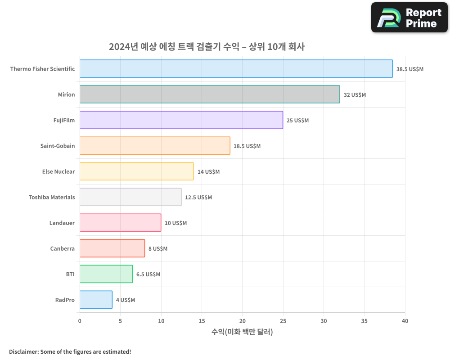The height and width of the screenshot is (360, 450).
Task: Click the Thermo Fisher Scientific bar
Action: [x=236, y=69]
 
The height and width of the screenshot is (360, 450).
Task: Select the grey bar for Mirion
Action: [x=210, y=94]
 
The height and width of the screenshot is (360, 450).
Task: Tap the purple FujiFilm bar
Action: [x=181, y=120]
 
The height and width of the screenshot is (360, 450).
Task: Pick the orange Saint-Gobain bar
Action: [x=155, y=146]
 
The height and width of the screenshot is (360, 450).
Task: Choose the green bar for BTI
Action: [x=106, y=274]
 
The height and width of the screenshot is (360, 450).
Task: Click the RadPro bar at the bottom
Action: [x=96, y=300]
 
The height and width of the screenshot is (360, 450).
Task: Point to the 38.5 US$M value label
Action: [x=409, y=69]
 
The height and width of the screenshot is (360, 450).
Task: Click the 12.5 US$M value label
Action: [x=198, y=198]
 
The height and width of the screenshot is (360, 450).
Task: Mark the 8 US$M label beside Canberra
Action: [x=158, y=249]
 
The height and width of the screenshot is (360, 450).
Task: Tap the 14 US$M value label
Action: [x=208, y=172]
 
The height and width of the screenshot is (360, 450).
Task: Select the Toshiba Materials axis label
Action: [x=52, y=197]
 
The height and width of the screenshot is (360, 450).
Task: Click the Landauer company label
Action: [x=62, y=223]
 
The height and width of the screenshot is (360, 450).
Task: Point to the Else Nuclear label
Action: [x=58, y=171]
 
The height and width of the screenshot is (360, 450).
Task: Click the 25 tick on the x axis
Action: [x=283, y=321]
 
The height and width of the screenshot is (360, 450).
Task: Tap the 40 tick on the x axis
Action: [x=405, y=321]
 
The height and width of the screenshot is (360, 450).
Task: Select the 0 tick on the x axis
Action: [x=80, y=321]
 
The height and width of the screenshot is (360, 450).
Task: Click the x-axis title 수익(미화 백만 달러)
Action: [x=242, y=332]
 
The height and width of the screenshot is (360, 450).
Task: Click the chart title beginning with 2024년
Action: [x=207, y=47]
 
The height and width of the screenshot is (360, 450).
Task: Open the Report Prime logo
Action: [x=409, y=18]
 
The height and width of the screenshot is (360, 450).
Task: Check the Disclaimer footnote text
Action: [x=70, y=351]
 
